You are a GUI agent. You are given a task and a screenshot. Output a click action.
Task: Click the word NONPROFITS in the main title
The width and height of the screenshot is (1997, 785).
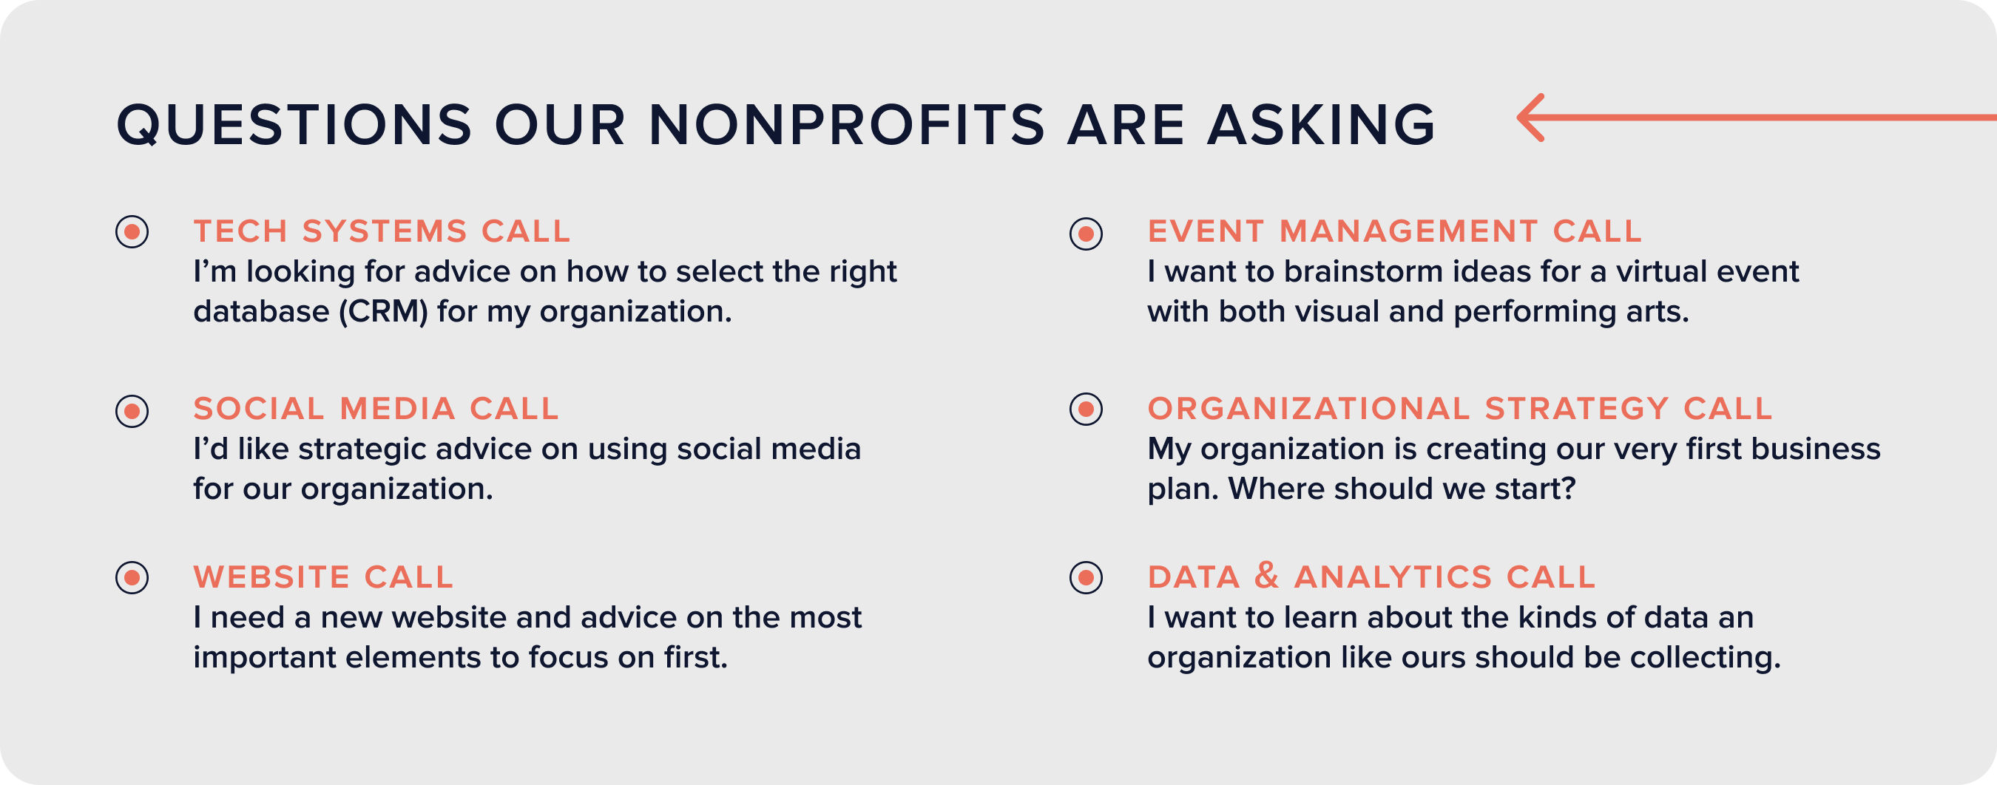click(847, 125)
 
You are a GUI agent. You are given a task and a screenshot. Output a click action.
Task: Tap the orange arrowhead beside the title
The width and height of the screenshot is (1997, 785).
click(1530, 118)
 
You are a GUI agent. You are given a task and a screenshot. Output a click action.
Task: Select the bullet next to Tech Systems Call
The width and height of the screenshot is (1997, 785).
click(132, 231)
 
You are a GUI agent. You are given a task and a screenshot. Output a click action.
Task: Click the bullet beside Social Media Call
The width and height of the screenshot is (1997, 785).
click(132, 411)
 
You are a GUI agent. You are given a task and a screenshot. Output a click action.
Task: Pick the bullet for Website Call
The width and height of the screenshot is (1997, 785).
click(132, 577)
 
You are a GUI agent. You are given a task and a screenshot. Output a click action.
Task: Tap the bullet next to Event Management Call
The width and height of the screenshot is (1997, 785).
click(1086, 234)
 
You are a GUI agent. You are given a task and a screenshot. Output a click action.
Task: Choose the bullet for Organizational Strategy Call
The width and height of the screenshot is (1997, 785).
click(1086, 408)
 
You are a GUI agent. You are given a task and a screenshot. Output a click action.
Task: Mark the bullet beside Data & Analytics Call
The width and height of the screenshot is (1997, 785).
click(1086, 577)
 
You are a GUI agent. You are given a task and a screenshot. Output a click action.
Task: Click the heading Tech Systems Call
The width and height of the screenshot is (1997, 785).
click(382, 231)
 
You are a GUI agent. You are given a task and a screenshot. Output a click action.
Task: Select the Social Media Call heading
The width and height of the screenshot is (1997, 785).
click(376, 408)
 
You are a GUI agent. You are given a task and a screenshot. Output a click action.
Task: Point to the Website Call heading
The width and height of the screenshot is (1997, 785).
click(323, 577)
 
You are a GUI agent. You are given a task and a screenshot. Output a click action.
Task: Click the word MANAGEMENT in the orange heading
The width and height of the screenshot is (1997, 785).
click(1408, 231)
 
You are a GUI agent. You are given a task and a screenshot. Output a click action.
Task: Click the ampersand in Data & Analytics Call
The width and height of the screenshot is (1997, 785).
click(1267, 576)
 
